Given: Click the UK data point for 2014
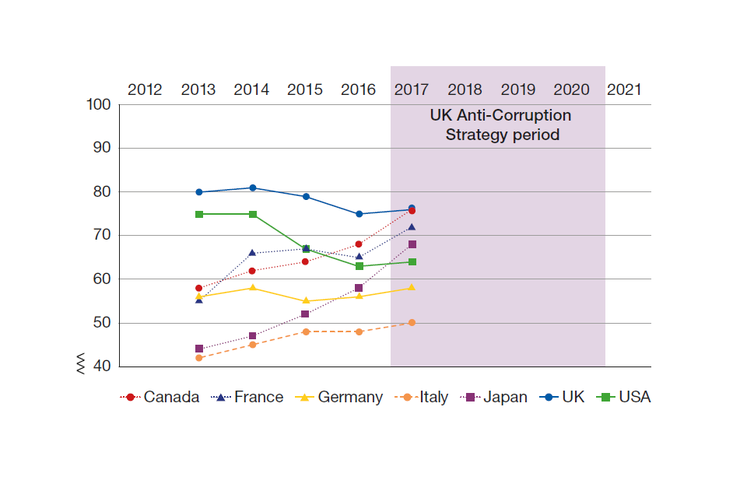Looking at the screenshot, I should (252, 188).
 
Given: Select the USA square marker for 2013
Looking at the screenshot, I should (198, 214).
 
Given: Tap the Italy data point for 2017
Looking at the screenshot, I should (412, 322).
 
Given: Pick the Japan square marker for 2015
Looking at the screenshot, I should (305, 314).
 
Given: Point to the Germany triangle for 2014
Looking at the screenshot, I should (252, 287).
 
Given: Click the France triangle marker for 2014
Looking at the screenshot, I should (252, 252).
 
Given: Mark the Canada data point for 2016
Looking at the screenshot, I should (359, 244).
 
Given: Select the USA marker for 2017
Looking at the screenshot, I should (412, 261).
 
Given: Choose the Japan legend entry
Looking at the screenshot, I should (495, 397).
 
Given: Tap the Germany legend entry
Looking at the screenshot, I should (340, 397).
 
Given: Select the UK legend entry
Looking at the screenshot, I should (563, 397).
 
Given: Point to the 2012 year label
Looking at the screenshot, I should (145, 89).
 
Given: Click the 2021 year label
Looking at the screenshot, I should (624, 89).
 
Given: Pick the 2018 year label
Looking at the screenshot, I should (465, 89).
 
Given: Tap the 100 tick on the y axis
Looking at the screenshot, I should (98, 105).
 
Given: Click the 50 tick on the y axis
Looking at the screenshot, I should (101, 323).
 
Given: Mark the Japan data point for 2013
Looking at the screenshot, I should (198, 349).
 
